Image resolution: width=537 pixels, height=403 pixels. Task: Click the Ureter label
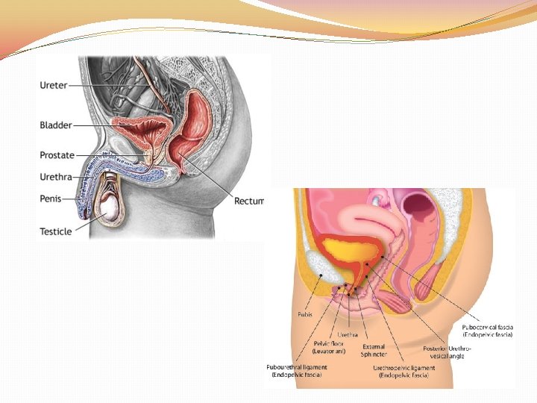[x=53, y=85]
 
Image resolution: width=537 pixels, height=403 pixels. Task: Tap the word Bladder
[x=56, y=125]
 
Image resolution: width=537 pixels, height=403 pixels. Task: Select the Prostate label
[x=57, y=155]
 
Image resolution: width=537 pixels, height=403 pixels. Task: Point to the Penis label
[x=51, y=199]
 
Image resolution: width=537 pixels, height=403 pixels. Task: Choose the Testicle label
[x=56, y=231]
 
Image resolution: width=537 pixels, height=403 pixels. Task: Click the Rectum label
[x=249, y=201]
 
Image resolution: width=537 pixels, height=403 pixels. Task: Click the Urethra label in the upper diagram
[x=57, y=177]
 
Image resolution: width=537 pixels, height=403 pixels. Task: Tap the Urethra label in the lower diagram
[x=348, y=335]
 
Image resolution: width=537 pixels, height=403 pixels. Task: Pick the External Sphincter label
[x=374, y=350]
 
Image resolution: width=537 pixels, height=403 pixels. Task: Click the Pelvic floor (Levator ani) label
[x=328, y=348]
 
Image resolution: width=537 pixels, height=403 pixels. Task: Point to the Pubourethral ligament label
[x=297, y=370]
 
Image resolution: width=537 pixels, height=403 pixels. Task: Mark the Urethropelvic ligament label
[x=406, y=371]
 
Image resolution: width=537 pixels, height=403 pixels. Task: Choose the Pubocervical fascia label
[x=487, y=331]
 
